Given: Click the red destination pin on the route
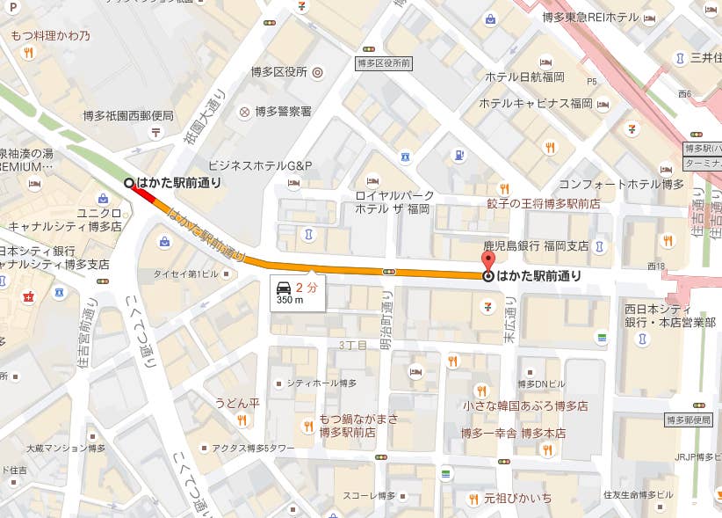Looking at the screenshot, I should pyautogui.click(x=488, y=261).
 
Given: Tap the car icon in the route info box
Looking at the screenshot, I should pyautogui.click(x=284, y=288).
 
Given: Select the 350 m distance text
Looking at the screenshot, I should pyautogui.click(x=290, y=301).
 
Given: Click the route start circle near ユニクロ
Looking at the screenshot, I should pyautogui.click(x=129, y=182).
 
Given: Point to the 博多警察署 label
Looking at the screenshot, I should pyautogui.click(x=283, y=112).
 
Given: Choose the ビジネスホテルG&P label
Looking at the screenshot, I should pyautogui.click(x=259, y=165).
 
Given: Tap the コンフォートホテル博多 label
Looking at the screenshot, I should pyautogui.click(x=621, y=184).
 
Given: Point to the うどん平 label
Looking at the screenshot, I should pyautogui.click(x=237, y=403).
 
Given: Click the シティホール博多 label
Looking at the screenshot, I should pyautogui.click(x=321, y=383).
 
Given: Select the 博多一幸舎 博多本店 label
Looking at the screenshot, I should pyautogui.click(x=513, y=434).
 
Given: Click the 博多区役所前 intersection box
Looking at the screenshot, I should pyautogui.click(x=384, y=63).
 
